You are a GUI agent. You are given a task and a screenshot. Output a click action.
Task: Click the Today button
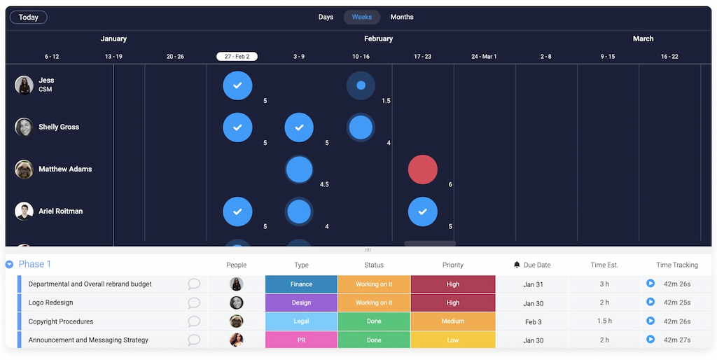29,17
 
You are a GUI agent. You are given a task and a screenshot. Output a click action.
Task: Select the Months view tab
402,17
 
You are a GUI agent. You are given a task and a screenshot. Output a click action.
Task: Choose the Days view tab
326,17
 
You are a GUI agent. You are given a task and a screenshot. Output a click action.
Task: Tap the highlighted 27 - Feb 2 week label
237,56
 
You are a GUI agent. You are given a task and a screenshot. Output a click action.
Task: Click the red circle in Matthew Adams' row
423,169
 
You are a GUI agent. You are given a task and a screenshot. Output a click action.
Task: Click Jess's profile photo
24,85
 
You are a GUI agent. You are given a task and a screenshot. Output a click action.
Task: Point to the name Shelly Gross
59,127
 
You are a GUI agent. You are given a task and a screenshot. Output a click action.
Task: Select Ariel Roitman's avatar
24,212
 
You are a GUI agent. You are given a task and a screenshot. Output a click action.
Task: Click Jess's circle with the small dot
361,85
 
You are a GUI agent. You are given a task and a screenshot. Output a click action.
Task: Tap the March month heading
643,39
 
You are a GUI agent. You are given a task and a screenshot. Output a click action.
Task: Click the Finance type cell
301,284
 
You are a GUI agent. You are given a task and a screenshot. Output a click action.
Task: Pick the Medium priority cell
452,321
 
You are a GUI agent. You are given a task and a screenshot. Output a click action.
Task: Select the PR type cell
301,340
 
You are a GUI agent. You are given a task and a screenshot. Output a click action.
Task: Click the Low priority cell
452,340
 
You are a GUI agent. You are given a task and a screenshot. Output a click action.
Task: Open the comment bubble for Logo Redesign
194,303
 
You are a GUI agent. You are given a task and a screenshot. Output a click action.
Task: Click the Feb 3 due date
533,321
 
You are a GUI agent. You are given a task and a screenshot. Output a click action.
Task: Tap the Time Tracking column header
677,265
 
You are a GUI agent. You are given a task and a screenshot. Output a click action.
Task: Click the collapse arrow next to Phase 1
9,265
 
